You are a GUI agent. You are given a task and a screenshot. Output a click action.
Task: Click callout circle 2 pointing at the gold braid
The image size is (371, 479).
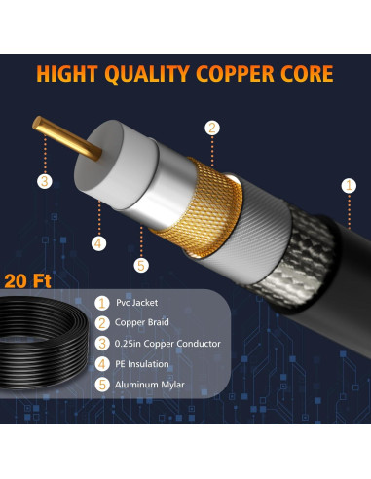pos(211,128)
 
